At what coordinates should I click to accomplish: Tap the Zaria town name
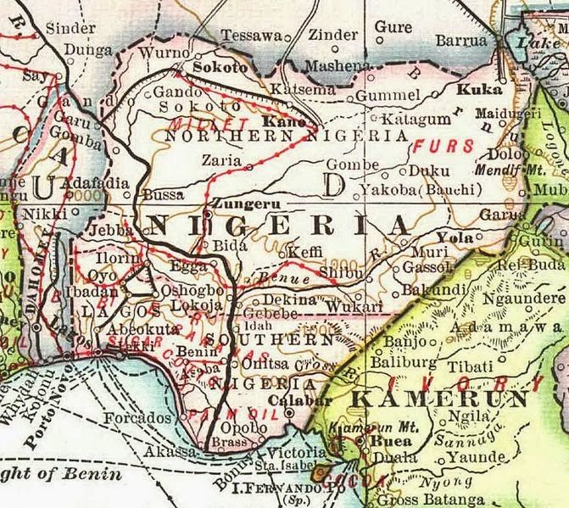pos(220,159)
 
